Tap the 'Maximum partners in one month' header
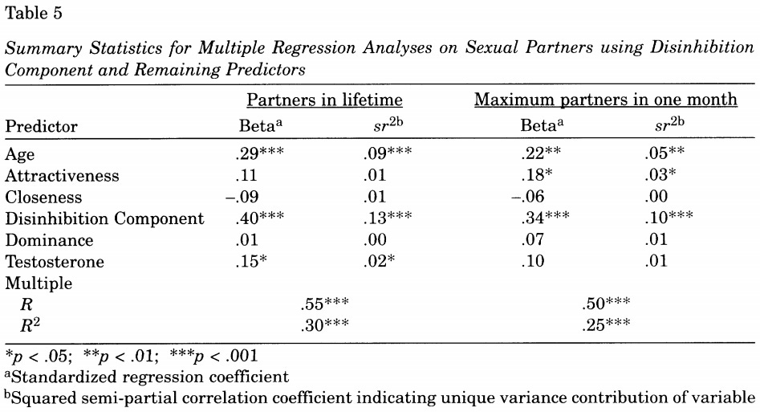606,101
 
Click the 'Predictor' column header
42,127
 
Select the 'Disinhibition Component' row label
105,218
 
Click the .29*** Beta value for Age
260,153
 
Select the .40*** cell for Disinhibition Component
260,218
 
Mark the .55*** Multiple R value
323,305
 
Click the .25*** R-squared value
606,326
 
